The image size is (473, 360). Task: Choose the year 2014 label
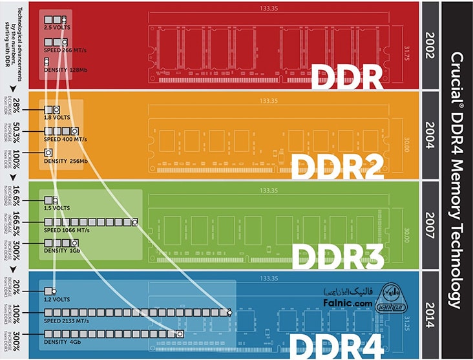430,315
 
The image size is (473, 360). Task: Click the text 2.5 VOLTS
58,28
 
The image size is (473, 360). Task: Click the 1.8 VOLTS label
58,118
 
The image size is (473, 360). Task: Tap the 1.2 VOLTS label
58,299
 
